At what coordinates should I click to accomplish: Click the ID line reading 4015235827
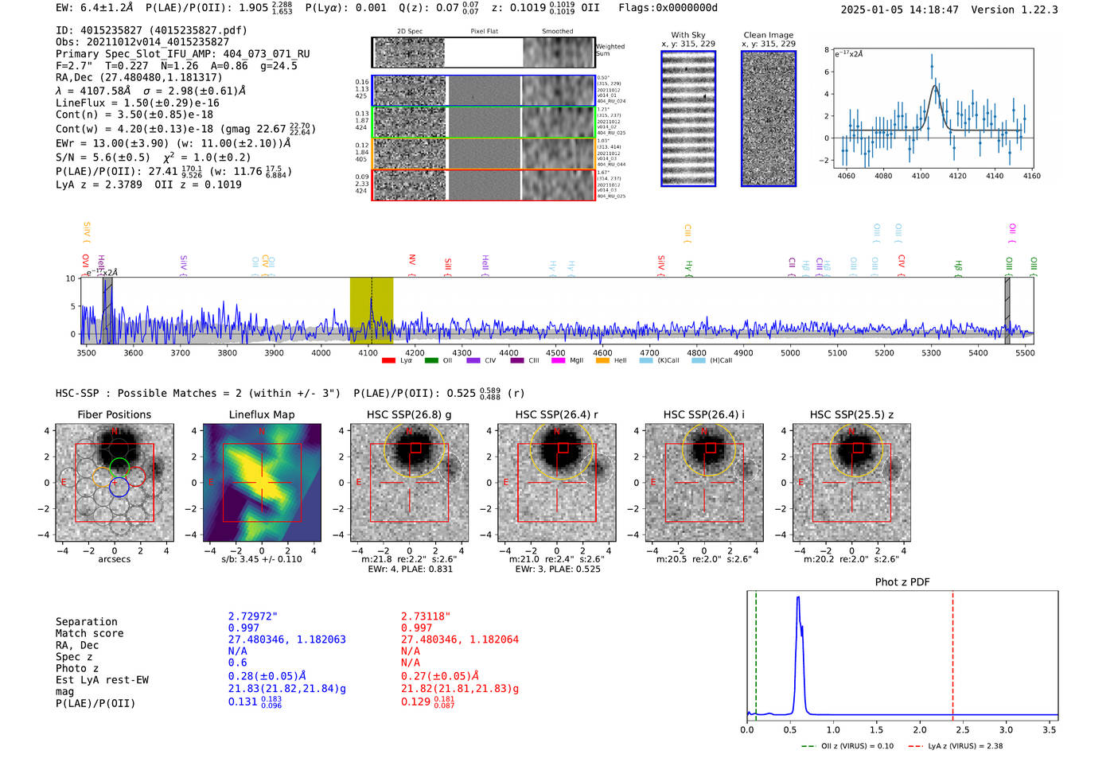[x=151, y=30]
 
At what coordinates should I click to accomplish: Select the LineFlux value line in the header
[x=137, y=103]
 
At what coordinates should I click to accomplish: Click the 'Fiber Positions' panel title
[x=114, y=414]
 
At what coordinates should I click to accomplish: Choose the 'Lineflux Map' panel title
[x=261, y=414]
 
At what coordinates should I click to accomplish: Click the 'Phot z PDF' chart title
[x=902, y=582]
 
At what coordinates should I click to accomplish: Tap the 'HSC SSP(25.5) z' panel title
[x=851, y=414]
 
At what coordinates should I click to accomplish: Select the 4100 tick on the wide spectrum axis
[x=368, y=352]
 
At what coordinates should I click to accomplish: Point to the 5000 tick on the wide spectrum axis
[x=790, y=352]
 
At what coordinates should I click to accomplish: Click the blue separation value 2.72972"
[x=252, y=616]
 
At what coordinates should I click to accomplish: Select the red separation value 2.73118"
[x=425, y=616]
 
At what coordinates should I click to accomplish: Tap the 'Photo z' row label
[x=76, y=668]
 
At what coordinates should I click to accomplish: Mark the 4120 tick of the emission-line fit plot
[x=957, y=176]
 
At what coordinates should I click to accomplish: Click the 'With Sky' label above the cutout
[x=687, y=35]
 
